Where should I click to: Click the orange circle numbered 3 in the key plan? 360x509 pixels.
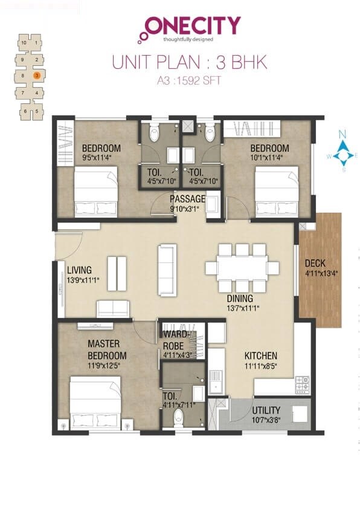(x=37, y=76)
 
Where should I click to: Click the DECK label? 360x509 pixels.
(x=316, y=263)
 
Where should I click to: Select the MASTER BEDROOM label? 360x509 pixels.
(x=107, y=349)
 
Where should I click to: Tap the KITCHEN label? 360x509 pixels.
(x=260, y=356)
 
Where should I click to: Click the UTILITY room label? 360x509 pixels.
(x=266, y=409)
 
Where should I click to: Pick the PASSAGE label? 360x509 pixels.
(x=187, y=199)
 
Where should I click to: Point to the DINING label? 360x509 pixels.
(x=240, y=299)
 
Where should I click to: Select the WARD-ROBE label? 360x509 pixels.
(x=176, y=340)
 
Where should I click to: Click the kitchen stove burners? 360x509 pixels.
(x=302, y=383)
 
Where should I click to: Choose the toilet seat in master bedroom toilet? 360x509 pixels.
(x=178, y=417)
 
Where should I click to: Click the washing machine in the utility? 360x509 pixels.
(x=299, y=414)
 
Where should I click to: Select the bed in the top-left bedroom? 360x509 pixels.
(x=95, y=192)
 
